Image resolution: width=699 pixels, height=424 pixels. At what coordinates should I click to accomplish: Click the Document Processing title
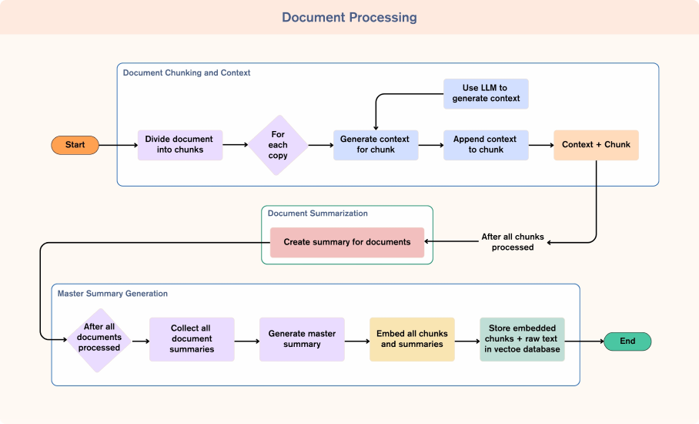(349, 17)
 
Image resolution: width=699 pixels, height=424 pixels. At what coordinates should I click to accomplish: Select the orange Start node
(75, 145)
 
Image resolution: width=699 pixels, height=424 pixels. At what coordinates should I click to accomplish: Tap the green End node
(627, 341)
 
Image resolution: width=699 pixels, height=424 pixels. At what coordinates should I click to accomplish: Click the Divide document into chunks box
(180, 145)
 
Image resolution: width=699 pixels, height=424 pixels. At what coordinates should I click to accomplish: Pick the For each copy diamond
(278, 145)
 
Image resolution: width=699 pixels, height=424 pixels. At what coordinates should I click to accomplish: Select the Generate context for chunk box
(376, 145)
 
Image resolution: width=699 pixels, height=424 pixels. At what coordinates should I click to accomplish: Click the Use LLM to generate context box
(486, 93)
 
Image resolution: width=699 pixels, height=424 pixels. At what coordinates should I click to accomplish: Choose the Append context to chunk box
(486, 145)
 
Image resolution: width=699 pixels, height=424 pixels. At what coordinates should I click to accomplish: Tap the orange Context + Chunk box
(596, 145)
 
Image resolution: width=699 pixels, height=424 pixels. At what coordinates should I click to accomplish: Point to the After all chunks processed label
(513, 242)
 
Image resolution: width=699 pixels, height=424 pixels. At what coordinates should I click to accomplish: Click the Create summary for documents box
(346, 242)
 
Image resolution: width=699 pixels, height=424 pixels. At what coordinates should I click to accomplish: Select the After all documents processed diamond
(99, 338)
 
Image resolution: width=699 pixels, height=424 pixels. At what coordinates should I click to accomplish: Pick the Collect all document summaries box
(192, 339)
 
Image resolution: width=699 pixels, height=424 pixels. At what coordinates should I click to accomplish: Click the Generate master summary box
(302, 339)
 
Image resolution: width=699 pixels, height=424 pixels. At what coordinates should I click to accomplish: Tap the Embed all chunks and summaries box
(412, 339)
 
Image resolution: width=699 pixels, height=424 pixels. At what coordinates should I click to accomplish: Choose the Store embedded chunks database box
(522, 339)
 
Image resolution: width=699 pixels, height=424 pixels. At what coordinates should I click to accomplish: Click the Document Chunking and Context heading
(186, 73)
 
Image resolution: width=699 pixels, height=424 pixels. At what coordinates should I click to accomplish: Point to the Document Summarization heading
(317, 214)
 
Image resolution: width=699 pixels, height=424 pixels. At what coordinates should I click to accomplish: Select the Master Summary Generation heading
(112, 294)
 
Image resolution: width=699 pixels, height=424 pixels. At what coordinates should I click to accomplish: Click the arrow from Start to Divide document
(118, 145)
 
